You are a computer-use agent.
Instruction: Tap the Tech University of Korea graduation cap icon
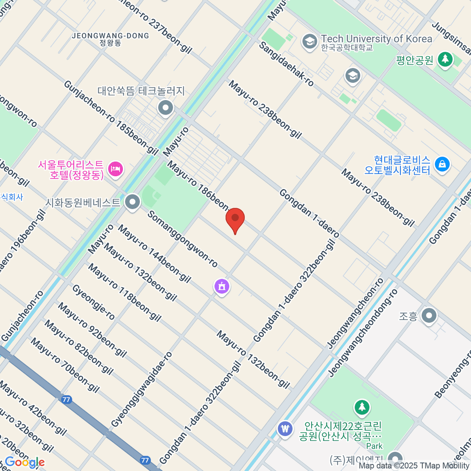click(310, 41)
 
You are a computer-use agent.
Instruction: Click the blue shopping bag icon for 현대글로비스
click(442, 164)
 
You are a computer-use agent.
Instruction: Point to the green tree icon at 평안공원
click(445, 59)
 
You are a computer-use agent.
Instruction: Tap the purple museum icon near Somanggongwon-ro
click(222, 286)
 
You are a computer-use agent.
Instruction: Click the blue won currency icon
click(285, 428)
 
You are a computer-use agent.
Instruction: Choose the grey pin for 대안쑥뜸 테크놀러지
click(165, 107)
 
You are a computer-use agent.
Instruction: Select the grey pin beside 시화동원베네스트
click(133, 203)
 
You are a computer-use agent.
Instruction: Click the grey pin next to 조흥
click(429, 315)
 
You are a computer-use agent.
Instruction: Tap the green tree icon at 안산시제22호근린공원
click(361, 408)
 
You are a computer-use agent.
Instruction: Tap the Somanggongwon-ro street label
click(183, 239)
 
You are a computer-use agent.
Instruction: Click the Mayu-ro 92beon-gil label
click(93, 330)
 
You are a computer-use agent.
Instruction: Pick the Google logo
click(25, 462)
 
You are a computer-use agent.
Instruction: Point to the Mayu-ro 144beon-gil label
click(154, 254)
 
